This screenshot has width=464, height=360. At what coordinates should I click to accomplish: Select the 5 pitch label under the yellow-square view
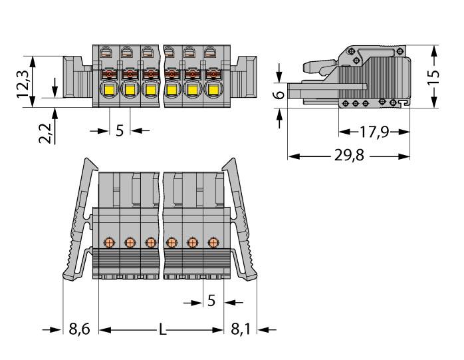coord(120,130)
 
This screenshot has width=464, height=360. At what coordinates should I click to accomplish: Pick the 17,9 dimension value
coord(374,132)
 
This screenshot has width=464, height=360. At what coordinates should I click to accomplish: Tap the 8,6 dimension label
coord(79,329)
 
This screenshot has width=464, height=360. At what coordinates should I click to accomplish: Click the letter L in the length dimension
coord(162,329)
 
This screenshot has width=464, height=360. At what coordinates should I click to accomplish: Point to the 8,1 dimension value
coord(241,329)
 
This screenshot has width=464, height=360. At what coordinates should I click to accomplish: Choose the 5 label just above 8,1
coord(211,301)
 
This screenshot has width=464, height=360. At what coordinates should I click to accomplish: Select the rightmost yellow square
coord(213,89)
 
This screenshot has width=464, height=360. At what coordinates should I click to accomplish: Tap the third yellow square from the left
coord(150,89)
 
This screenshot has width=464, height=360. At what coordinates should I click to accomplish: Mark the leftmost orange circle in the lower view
coord(108,242)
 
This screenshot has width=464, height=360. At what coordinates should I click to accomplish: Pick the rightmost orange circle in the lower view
coord(213,242)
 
